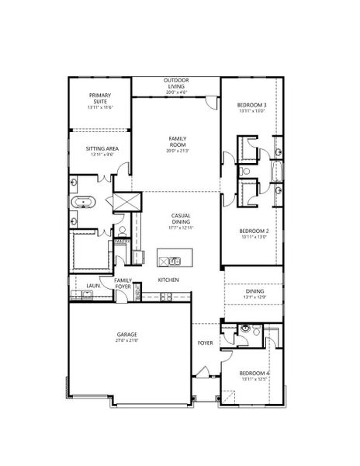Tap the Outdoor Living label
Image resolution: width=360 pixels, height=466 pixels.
click(x=177, y=81)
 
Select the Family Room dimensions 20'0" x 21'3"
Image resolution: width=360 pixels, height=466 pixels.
click(x=177, y=151)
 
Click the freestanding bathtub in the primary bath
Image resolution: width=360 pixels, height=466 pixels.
click(x=83, y=203)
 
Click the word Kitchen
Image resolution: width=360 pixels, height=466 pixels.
click(x=169, y=279)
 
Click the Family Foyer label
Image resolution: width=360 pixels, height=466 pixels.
click(x=123, y=283)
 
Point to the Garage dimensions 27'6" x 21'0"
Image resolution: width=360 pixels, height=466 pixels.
click(x=128, y=340)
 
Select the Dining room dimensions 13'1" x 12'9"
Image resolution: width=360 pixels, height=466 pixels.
click(x=254, y=296)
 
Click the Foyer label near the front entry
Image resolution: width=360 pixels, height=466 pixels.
click(x=206, y=342)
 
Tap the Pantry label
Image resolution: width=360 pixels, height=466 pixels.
click(x=122, y=242)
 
